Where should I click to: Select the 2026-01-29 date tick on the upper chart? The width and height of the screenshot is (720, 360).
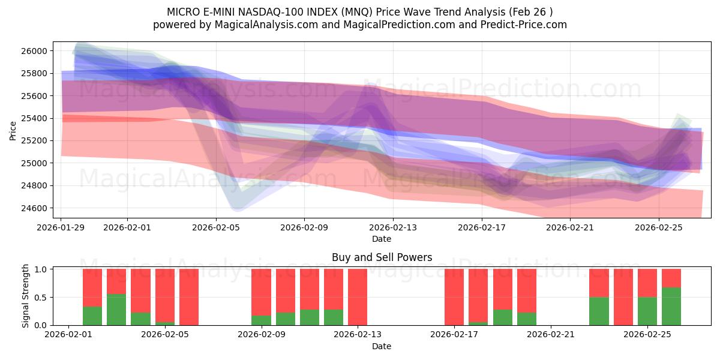[61, 227]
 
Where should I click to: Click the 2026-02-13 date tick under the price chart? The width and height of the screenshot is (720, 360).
[392, 227]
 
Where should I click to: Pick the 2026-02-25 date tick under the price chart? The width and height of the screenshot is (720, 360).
[659, 227]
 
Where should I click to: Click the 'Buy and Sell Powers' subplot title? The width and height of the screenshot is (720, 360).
[382, 257]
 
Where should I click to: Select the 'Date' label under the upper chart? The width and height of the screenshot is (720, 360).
[382, 239]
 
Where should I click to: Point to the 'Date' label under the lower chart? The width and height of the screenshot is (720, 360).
[382, 346]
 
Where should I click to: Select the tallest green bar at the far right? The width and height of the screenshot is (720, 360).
[671, 306]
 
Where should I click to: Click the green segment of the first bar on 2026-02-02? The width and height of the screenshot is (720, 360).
[92, 316]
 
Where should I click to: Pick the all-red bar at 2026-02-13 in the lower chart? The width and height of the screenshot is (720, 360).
[358, 297]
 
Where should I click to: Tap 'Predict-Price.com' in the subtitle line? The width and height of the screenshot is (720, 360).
[526, 25]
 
